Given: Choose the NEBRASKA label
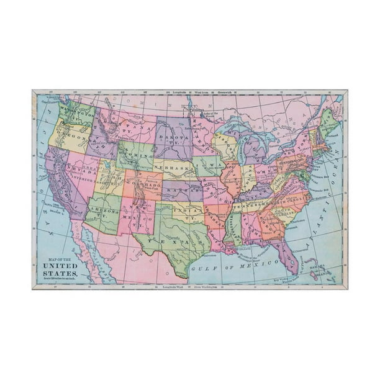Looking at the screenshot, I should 173,168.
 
